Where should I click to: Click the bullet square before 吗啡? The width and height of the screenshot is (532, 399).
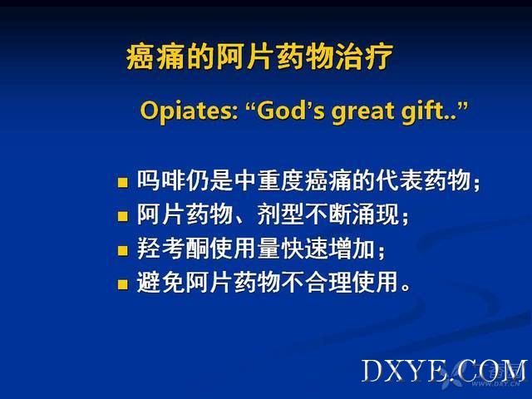click(122, 183)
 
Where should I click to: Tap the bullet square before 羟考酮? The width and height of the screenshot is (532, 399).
click(122, 251)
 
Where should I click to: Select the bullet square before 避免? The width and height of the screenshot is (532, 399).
click(122, 284)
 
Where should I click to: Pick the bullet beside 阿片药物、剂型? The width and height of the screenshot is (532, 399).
click(122, 216)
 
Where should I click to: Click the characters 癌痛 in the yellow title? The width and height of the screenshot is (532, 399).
click(155, 57)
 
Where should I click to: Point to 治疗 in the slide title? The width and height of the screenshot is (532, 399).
click(364, 57)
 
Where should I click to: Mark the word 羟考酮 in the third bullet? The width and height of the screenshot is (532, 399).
click(173, 249)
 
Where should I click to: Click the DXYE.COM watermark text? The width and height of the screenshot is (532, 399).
click(444, 371)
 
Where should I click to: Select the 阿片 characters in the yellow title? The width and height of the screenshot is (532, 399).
click(246, 57)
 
